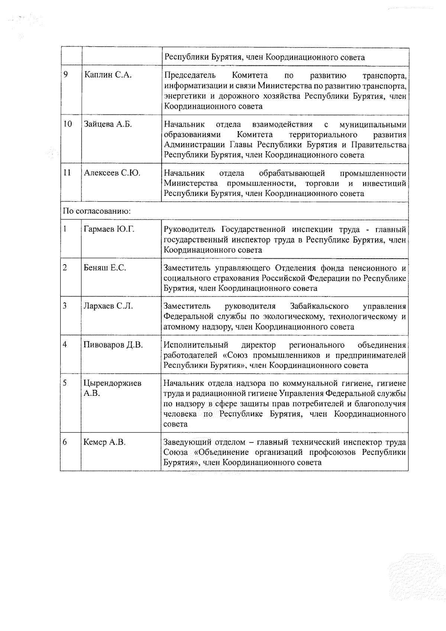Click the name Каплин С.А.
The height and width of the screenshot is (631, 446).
pos(108,75)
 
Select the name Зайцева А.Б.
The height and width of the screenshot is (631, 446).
pos(108,124)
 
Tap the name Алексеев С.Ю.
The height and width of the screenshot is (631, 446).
pos(112,173)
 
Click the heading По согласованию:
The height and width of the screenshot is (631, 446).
pos(97,211)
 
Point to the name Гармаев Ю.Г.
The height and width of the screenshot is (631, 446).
pos(109,229)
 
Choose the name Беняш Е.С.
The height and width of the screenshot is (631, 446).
pos(105,268)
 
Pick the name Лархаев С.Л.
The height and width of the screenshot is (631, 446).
pos(108,306)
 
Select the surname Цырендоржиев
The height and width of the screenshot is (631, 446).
pos(113,383)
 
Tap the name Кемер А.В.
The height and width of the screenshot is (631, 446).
pos(105,442)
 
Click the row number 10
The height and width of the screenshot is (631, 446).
pos(67,124)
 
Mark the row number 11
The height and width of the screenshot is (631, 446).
pos(67,173)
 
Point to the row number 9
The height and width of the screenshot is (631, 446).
pos(65,75)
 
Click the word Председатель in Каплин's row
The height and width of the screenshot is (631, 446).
pos(190,75)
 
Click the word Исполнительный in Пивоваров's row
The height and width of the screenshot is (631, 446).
pos(196,345)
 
